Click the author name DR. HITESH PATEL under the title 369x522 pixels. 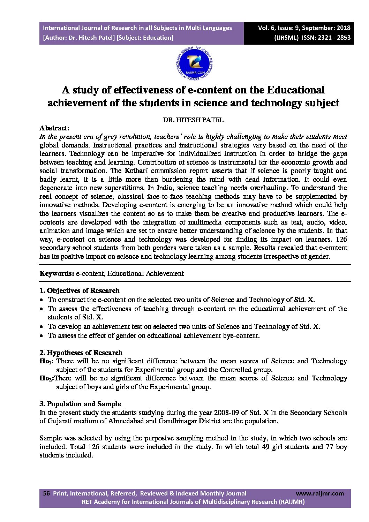point(193,120)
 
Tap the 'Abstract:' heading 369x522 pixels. point(54,128)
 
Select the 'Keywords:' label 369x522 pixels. point(57,273)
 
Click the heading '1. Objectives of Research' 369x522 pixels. point(79,290)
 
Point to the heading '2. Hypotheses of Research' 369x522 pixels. point(81,353)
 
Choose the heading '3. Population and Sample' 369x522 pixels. point(80,404)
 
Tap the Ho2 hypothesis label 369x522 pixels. point(46,378)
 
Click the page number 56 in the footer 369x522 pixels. point(46,493)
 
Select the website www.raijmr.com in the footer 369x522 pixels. point(319,493)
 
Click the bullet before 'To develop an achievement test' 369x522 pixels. point(41,327)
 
